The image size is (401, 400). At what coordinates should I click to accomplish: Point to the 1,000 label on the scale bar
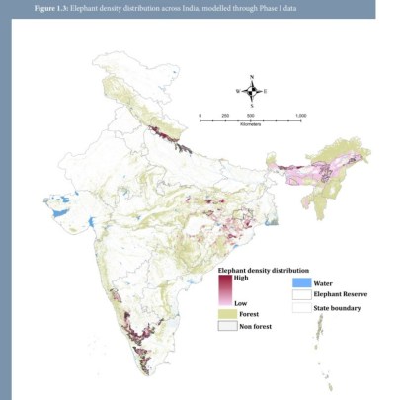[x=300, y=116]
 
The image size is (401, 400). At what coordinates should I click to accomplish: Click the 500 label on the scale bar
[x=251, y=116]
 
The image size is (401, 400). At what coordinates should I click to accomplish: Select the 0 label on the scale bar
[x=200, y=116]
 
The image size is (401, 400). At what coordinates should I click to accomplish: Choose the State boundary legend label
[x=337, y=308]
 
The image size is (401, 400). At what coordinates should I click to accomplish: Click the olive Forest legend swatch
[x=227, y=312]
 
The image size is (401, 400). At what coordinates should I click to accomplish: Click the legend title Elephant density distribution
[x=263, y=269]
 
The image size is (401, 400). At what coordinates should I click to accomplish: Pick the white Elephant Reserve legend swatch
[x=302, y=294]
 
